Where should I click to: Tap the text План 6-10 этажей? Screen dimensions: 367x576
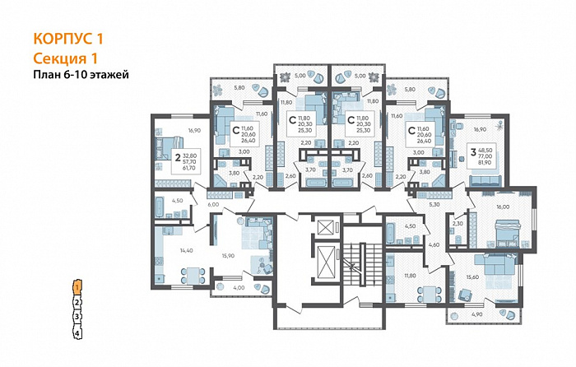tap(81, 74)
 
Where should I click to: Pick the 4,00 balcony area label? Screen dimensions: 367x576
tap(239, 287)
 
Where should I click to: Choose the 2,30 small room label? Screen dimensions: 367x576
tap(458, 223)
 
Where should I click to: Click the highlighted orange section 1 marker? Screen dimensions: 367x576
tap(76, 287)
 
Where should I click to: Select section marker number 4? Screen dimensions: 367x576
tap(77, 333)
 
